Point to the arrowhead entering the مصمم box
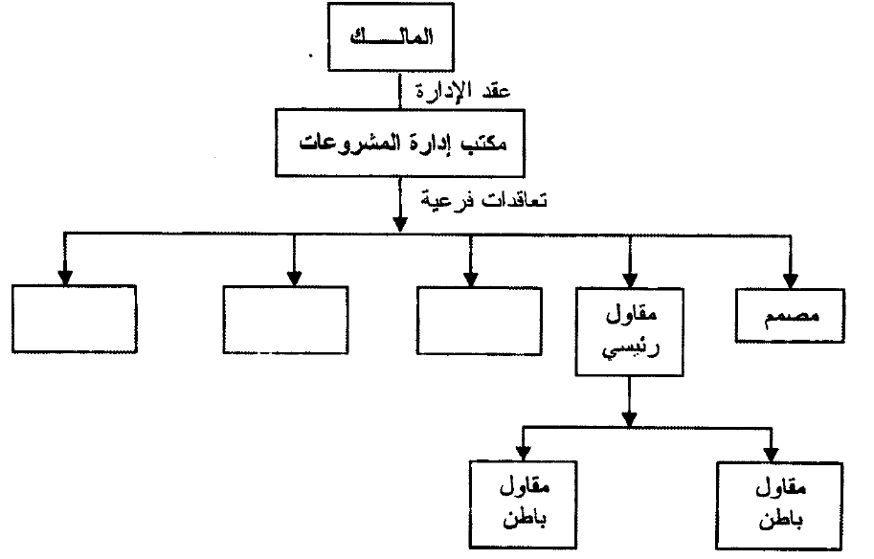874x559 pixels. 791,280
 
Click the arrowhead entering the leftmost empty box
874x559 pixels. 64,278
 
